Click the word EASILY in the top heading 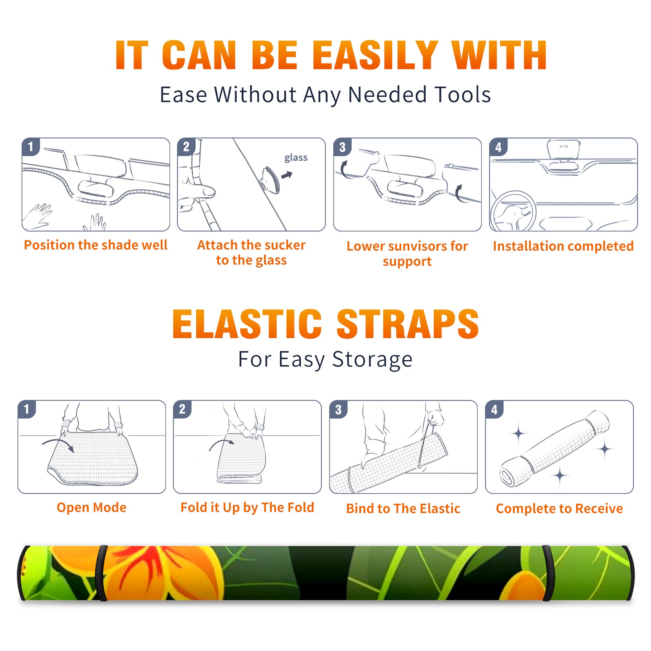pyautogui.click(x=375, y=55)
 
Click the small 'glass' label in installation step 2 pyautogui.click(x=296, y=158)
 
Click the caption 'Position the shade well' pyautogui.click(x=96, y=245)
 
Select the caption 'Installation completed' pyautogui.click(x=563, y=246)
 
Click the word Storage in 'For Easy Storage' pyautogui.click(x=372, y=360)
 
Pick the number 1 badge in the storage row pyautogui.click(x=27, y=409)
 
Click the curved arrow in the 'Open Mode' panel pyautogui.click(x=59, y=443)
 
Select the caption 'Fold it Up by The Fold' pyautogui.click(x=247, y=507)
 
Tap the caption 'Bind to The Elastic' pyautogui.click(x=403, y=509)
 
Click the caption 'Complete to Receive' pyautogui.click(x=559, y=509)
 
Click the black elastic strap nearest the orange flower pyautogui.click(x=101, y=573)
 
